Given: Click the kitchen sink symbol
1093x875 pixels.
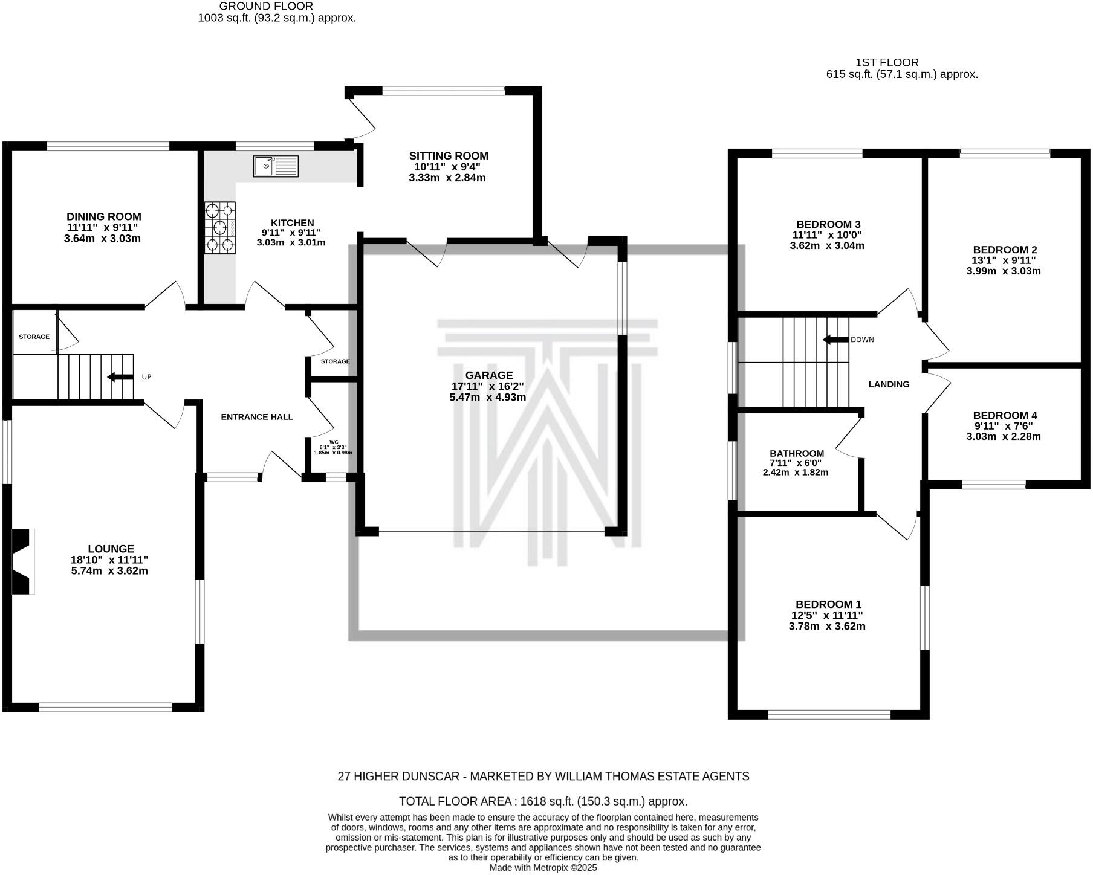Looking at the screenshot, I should (275, 166).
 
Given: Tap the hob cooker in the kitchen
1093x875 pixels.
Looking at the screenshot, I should (219, 228).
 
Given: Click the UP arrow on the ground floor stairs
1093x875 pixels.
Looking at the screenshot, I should (120, 377).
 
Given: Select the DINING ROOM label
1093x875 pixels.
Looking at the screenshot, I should (104, 216).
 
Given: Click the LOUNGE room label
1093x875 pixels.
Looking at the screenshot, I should (111, 549).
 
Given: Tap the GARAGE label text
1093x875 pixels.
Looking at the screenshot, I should (489, 375).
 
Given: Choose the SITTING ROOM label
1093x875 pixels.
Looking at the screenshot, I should (449, 156).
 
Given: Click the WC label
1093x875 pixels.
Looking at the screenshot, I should (334, 442).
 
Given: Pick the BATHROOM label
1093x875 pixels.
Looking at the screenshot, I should (796, 453).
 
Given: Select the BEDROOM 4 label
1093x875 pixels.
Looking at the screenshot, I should (1005, 415).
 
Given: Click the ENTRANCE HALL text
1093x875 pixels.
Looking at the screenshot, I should (257, 417).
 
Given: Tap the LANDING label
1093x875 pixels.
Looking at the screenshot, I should (889, 384).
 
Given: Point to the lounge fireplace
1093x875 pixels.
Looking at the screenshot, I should (22, 561).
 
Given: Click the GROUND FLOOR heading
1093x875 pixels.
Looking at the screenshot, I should (266, 6).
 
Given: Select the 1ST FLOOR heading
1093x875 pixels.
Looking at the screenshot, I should (887, 62).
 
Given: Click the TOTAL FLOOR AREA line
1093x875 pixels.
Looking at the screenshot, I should (543, 801).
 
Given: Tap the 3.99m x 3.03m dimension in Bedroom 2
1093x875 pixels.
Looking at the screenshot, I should (1004, 271).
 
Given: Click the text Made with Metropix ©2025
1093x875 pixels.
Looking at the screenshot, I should (543, 867).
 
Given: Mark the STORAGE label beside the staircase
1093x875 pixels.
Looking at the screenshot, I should (34, 337).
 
